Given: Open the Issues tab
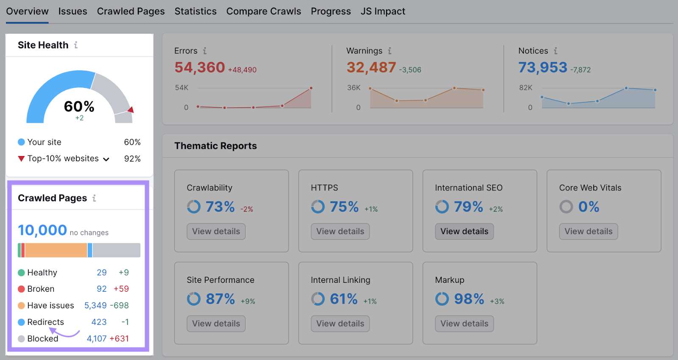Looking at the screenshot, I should click(72, 11).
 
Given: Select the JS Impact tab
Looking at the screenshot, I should click(383, 11).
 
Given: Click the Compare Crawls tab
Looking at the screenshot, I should click(264, 11).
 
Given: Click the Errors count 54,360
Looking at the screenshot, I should click(200, 67).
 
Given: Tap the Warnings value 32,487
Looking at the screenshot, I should click(371, 67).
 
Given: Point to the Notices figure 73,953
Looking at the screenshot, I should click(542, 67).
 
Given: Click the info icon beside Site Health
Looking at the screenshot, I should click(76, 45).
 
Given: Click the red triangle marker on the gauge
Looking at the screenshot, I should click(131, 110).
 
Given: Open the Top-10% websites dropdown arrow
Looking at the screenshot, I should click(106, 159).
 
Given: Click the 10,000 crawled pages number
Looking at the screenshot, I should click(42, 230).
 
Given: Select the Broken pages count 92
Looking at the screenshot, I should click(102, 289).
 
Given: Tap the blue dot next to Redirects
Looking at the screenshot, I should click(21, 322).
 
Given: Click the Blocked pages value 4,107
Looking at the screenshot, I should click(97, 339).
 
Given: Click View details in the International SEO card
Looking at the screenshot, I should click(464, 232).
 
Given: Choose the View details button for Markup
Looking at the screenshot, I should click(464, 324).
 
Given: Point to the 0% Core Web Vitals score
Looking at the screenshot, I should click(589, 207).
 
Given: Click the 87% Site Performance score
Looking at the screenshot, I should click(220, 299).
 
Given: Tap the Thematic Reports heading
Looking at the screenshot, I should click(215, 146).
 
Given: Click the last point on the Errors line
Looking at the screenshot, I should click(311, 88).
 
